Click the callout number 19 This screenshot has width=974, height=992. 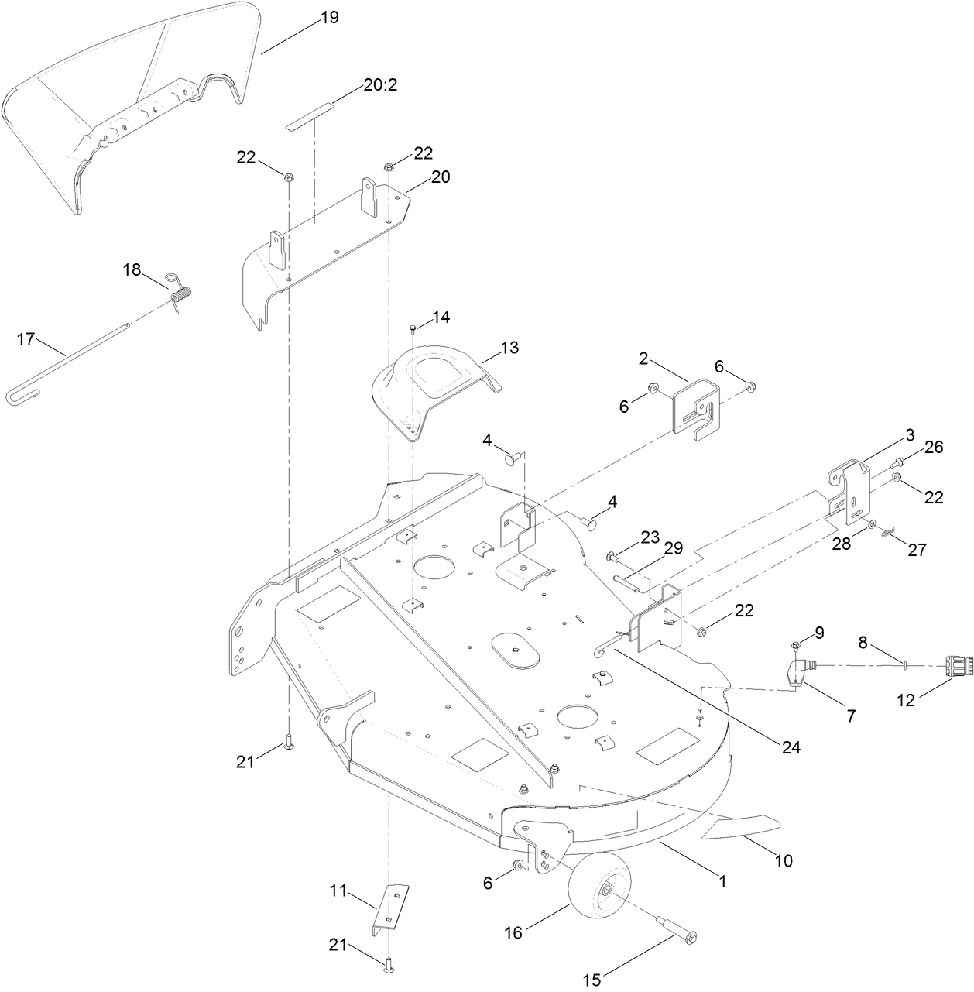tap(329, 18)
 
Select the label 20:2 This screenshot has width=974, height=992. tap(380, 85)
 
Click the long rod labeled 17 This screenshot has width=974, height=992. tap(77, 365)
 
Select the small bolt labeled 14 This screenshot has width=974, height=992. tap(413, 329)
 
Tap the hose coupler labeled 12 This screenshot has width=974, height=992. tap(949, 664)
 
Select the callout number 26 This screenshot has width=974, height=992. tap(934, 446)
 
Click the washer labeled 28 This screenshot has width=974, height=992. tap(873, 525)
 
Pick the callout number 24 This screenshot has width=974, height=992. tap(791, 747)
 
